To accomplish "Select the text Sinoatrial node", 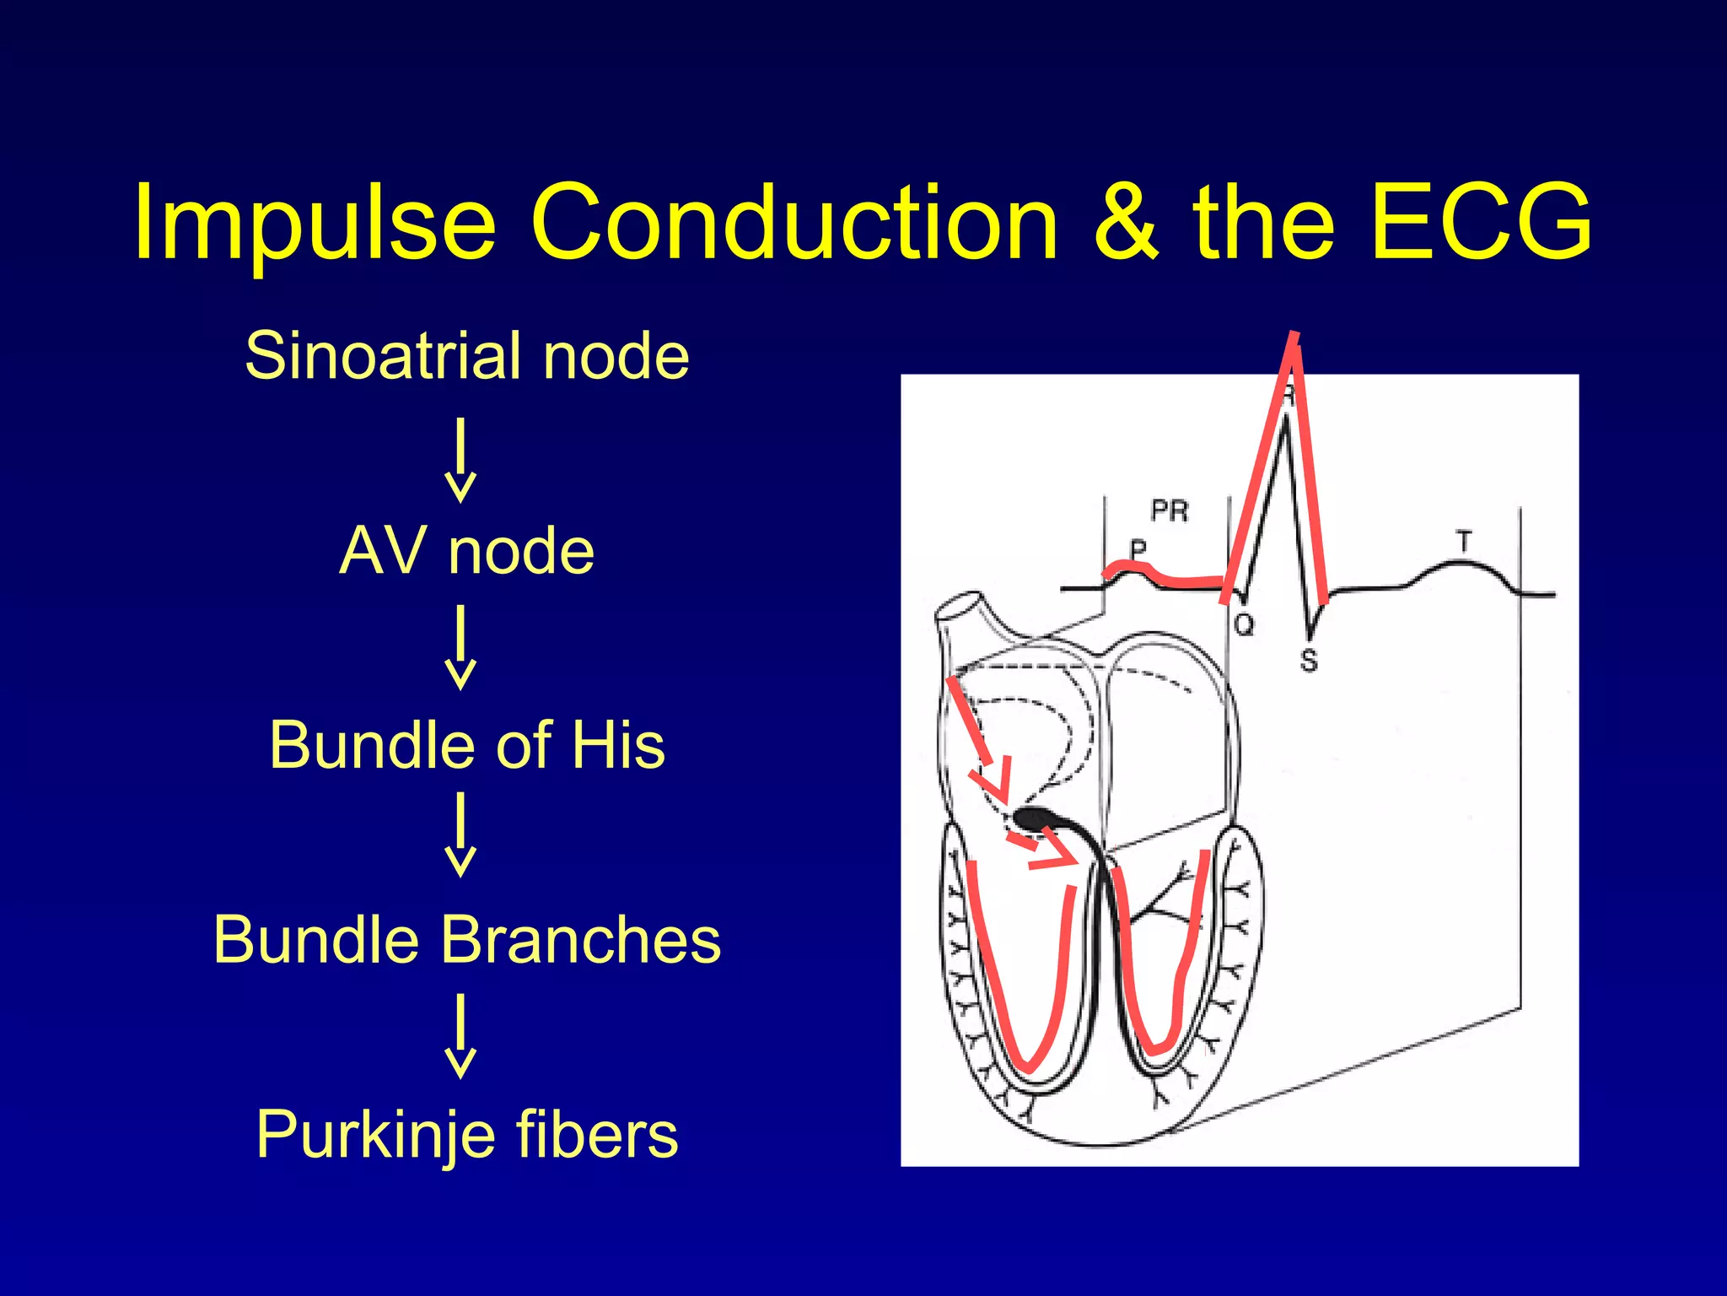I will (x=467, y=355).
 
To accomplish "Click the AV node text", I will (x=467, y=550).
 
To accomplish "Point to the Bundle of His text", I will (x=467, y=745).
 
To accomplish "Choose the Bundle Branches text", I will (x=467, y=939).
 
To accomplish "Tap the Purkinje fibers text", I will (x=467, y=1135).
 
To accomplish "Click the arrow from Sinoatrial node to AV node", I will (x=460, y=460).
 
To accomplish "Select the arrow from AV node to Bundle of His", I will (x=460, y=647).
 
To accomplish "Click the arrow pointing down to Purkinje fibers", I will (x=460, y=1036).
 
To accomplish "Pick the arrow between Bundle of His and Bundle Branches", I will (x=460, y=834).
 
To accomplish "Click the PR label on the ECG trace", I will (x=1170, y=510).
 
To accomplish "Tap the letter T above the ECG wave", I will (x=1464, y=541).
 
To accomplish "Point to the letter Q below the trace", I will (x=1244, y=625).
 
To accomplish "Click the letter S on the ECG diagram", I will (x=1308, y=660).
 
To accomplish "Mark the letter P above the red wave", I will (x=1138, y=548).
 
